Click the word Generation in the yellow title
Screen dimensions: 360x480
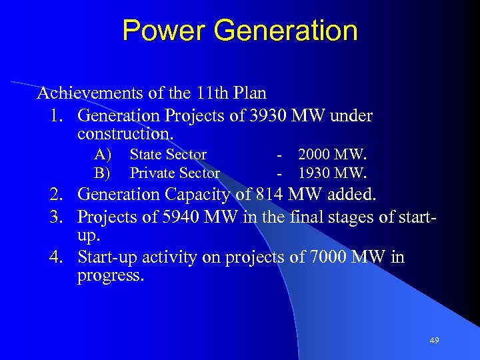coord(283,31)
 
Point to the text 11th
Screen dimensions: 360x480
coord(212,93)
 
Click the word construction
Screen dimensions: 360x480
coord(125,133)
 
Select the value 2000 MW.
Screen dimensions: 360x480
coord(332,155)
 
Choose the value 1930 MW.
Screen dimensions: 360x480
coord(332,173)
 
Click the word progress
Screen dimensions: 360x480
coord(109,275)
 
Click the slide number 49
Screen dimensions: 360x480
coord(434,341)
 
